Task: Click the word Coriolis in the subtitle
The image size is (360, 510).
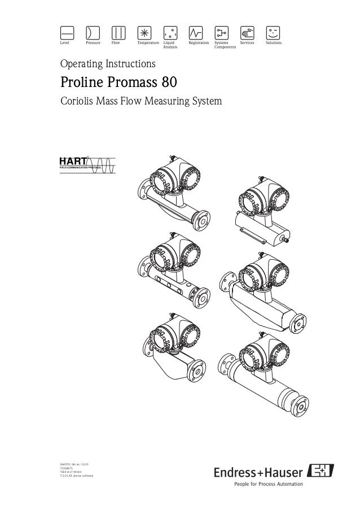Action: pyautogui.click(x=76, y=102)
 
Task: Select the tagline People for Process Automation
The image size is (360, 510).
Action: pyautogui.click(x=268, y=484)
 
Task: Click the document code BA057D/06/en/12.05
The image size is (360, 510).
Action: pyautogui.click(x=74, y=464)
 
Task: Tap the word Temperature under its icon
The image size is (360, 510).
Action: pyautogui.click(x=148, y=42)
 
